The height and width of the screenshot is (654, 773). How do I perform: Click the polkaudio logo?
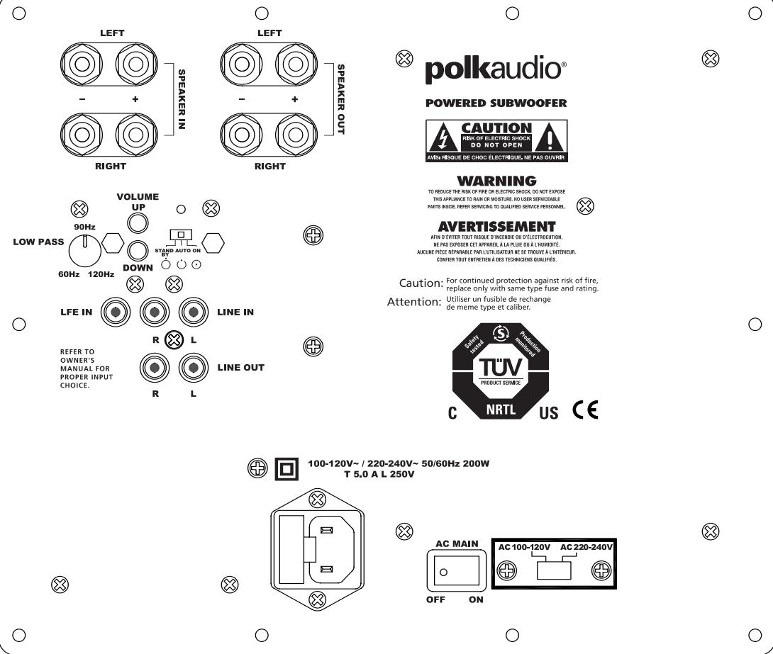point(495,70)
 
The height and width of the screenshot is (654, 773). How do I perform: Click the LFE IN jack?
point(115,311)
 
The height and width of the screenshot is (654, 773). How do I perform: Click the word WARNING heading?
point(496,181)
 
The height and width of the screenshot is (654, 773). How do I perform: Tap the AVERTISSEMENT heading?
point(496,227)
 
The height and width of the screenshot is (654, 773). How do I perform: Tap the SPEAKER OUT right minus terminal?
point(240,133)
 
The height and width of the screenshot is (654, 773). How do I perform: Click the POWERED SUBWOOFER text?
point(496,103)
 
